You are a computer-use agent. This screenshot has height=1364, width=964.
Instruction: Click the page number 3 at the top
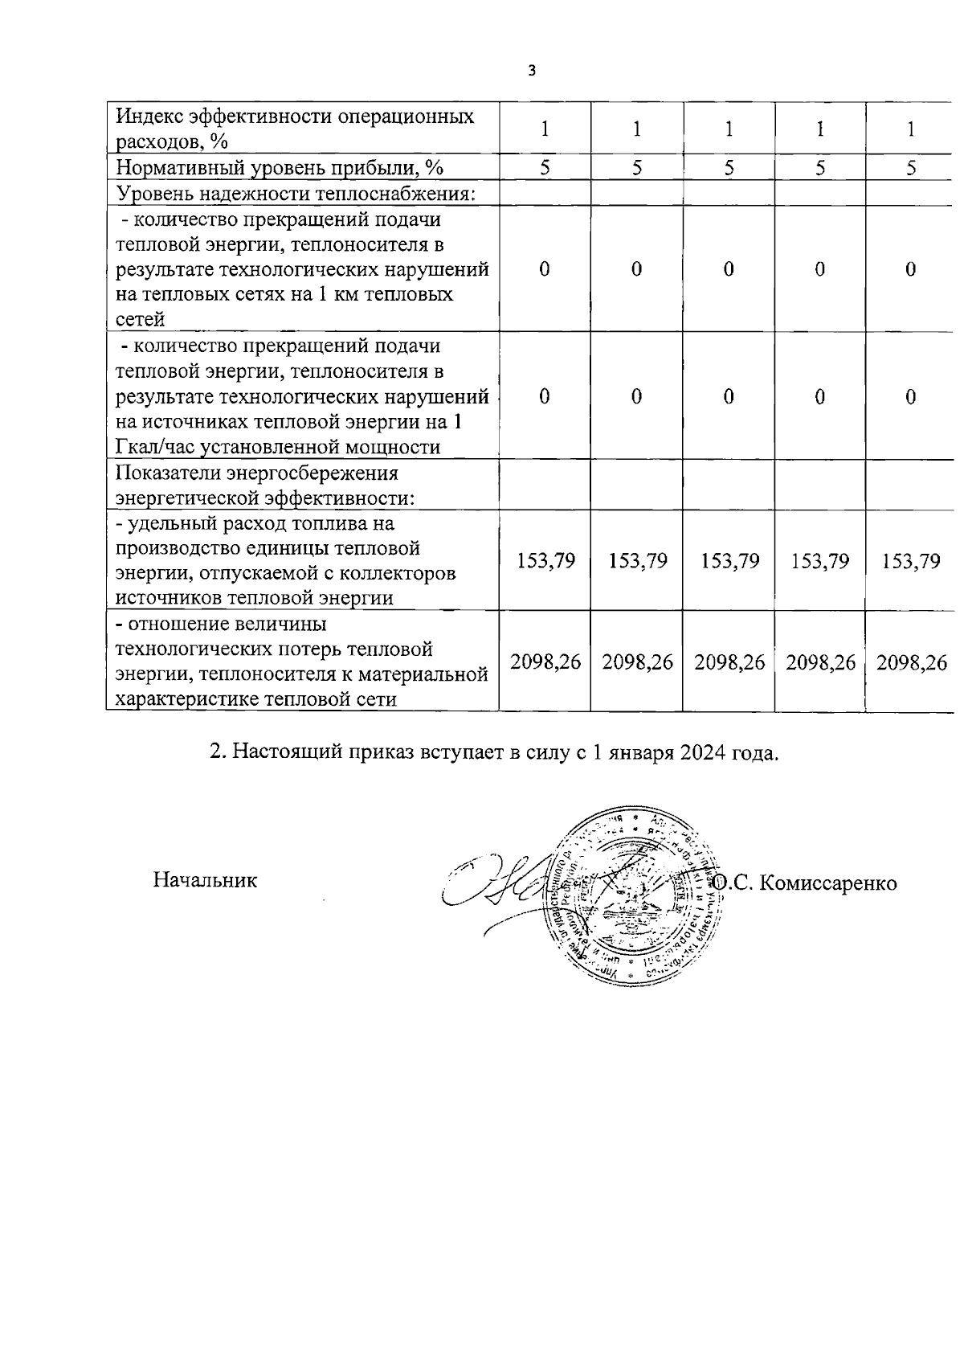point(531,71)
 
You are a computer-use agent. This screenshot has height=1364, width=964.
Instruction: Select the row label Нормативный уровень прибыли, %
point(280,167)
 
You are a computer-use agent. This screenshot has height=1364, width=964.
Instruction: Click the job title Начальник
point(205,880)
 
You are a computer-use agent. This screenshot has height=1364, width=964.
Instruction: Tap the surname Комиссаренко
point(827,883)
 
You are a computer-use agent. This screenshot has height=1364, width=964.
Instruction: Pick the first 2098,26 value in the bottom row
point(545,663)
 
